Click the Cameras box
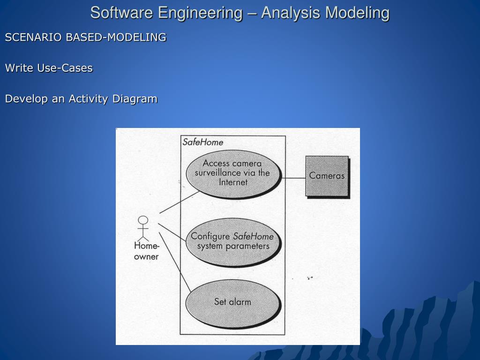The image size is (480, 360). click(327, 176)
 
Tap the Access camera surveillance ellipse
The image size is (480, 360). click(233, 173)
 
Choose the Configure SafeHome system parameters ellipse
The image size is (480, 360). click(233, 241)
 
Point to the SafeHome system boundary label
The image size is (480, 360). click(202, 142)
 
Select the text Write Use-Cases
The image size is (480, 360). click(49, 68)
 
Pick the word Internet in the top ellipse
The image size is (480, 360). click(233, 182)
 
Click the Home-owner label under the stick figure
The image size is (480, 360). click(147, 251)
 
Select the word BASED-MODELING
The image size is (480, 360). click(116, 37)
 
